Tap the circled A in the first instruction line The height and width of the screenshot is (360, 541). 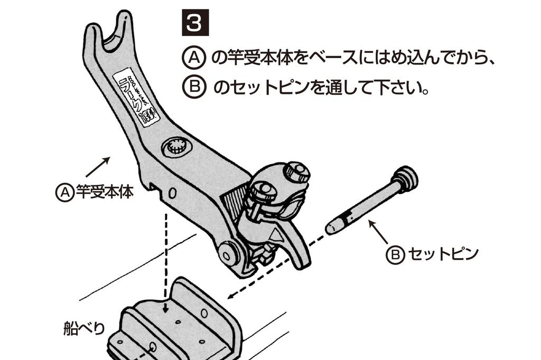[194, 58]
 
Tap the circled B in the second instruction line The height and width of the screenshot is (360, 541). [194, 87]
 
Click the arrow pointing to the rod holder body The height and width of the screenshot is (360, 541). [98, 166]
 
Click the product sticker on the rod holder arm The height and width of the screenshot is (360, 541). [133, 98]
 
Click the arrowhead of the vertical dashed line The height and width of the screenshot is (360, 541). [165, 307]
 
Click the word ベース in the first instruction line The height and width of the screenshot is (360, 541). [330, 58]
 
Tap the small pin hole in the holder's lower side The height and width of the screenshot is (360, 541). [171, 194]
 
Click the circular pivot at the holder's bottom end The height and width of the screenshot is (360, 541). [228, 254]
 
